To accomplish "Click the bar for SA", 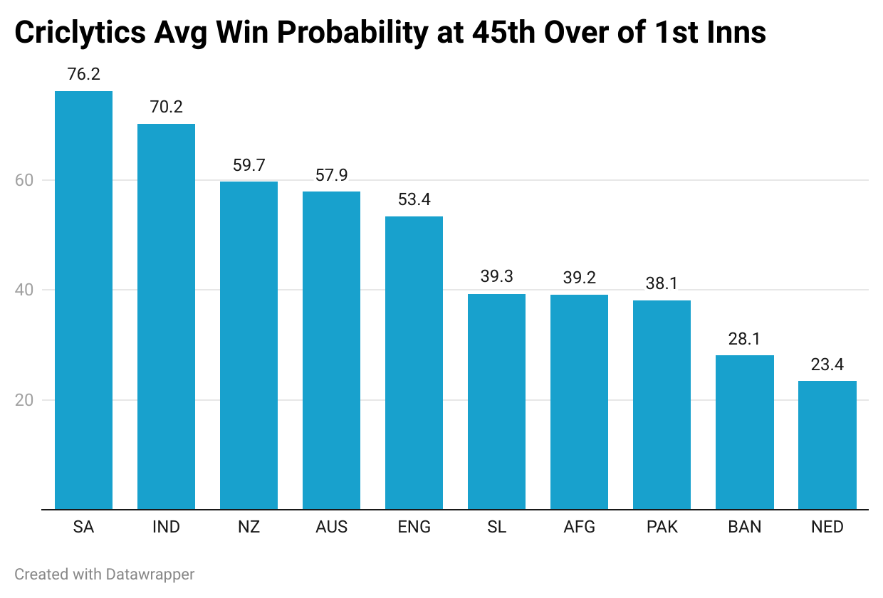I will click(83, 300).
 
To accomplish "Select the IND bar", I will click(166, 316).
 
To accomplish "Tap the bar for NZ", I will click(249, 345).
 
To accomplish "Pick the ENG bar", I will click(414, 362).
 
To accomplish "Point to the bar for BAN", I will click(744, 432).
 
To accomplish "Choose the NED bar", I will click(827, 445).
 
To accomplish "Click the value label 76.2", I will click(83, 74).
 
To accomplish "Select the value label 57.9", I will click(331, 175).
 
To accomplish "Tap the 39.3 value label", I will click(496, 277).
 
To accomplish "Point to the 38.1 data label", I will click(662, 283).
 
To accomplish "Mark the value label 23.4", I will click(827, 364).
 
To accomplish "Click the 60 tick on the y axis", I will click(23, 180).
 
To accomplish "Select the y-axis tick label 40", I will click(23, 290).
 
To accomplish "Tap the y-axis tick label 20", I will click(23, 400).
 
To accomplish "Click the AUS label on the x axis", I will click(331, 528).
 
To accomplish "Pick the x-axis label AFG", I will click(579, 528).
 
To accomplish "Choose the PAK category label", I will click(662, 528).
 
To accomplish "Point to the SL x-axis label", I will click(496, 528).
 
